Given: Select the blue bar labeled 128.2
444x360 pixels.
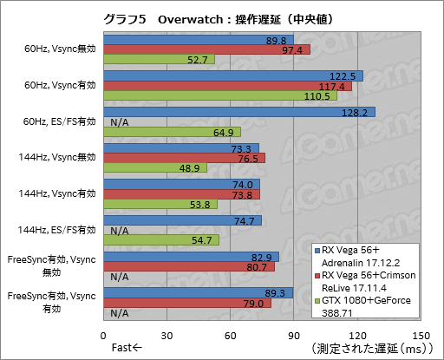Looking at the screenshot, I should click(238, 112).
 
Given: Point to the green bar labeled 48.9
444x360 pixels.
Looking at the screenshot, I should click(155, 167).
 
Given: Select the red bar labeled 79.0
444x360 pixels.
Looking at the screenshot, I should click(187, 303).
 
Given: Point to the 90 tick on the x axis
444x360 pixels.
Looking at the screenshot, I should click(294, 335).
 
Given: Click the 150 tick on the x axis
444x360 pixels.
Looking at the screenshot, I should click(421, 335).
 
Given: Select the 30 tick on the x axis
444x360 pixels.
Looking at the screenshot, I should click(167, 335).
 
